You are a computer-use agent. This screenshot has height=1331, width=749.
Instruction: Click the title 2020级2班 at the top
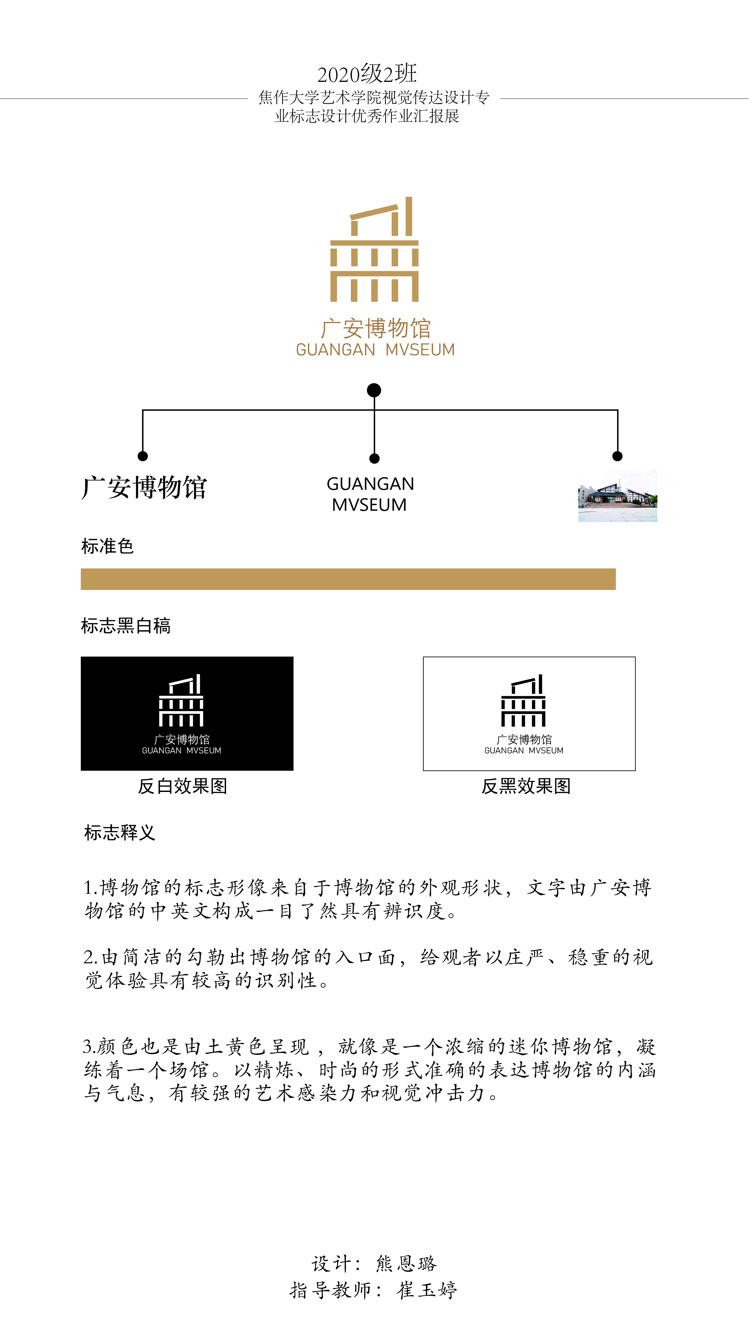367,74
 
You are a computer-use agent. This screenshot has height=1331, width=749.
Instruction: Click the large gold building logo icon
374,249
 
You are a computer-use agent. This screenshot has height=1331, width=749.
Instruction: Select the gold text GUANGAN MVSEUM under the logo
375,350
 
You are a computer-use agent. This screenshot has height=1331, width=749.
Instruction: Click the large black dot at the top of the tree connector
374,390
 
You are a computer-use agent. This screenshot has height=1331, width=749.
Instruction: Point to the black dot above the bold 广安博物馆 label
143,456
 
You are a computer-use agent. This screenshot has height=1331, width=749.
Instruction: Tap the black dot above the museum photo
617,456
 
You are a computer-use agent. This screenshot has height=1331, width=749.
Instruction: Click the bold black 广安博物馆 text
144,487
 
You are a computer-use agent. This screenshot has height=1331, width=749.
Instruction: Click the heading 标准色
108,546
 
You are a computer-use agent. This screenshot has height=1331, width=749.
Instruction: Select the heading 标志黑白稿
125,626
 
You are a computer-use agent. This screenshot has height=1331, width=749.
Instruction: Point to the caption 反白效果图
182,786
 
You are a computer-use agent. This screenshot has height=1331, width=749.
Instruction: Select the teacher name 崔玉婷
427,1290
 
